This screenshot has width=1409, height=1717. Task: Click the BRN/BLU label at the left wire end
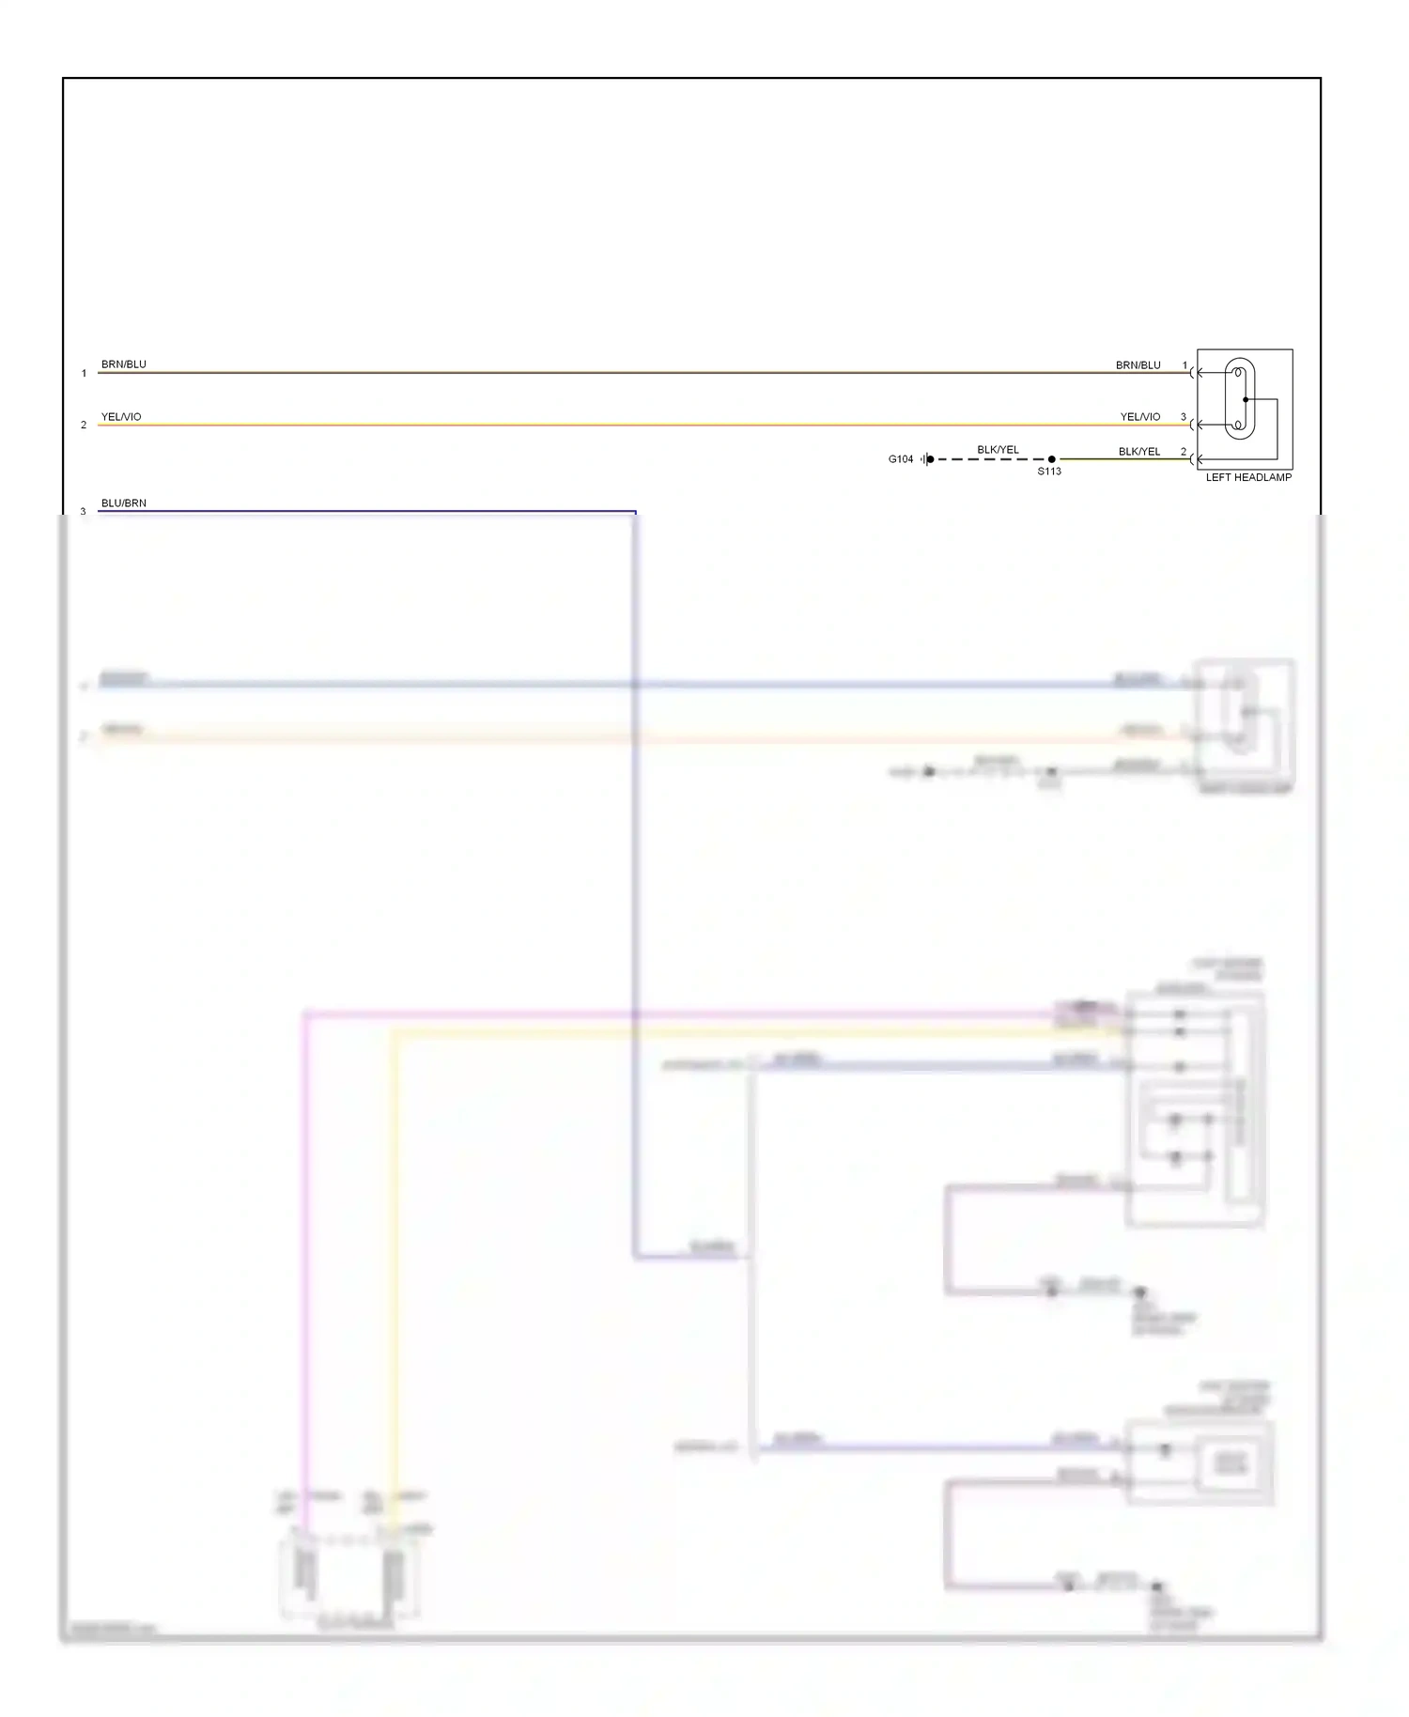(124, 364)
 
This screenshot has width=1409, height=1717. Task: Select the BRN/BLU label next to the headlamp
(1138, 365)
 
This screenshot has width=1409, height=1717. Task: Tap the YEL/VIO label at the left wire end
(121, 417)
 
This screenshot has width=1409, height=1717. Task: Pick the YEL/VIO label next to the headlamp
(1139, 417)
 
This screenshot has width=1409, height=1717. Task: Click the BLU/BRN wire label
(124, 503)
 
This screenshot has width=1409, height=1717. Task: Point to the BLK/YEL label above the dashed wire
(998, 450)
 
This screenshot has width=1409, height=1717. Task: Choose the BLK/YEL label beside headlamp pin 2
(1138, 452)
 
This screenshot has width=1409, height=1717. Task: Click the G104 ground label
(900, 459)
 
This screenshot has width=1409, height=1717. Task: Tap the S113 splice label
(1049, 472)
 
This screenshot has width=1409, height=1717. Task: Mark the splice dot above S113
(1051, 459)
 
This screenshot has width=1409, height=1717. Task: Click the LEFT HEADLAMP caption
(1248, 478)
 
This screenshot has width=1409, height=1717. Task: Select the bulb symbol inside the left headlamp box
(1239, 399)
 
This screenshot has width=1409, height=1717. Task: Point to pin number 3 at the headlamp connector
(1183, 417)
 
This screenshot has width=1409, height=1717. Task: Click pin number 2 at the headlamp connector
(1183, 452)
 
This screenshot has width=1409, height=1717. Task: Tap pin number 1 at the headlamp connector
(1184, 365)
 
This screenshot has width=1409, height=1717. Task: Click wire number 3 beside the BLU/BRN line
(84, 512)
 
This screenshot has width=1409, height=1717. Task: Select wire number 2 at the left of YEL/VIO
(84, 425)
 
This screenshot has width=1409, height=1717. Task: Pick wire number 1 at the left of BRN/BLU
(84, 374)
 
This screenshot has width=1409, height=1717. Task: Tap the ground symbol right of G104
(926, 459)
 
